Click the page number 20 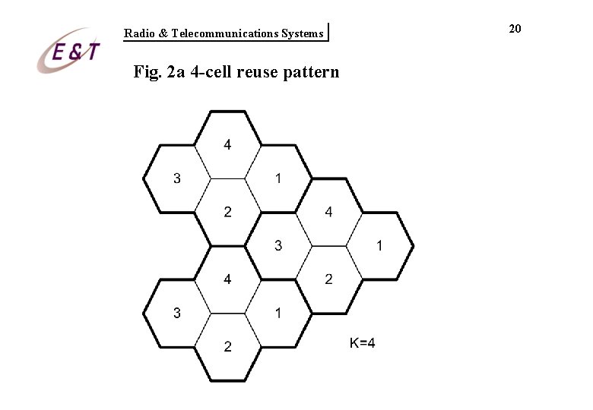point(515,28)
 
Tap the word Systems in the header point(302,33)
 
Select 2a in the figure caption point(177,73)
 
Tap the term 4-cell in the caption point(214,73)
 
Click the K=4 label point(362,343)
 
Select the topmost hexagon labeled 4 point(227,144)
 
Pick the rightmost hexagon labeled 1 point(379,245)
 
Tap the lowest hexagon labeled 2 point(227,347)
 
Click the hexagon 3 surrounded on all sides point(278,245)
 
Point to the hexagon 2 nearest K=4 point(328,279)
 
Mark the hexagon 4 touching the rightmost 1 point(328,212)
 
